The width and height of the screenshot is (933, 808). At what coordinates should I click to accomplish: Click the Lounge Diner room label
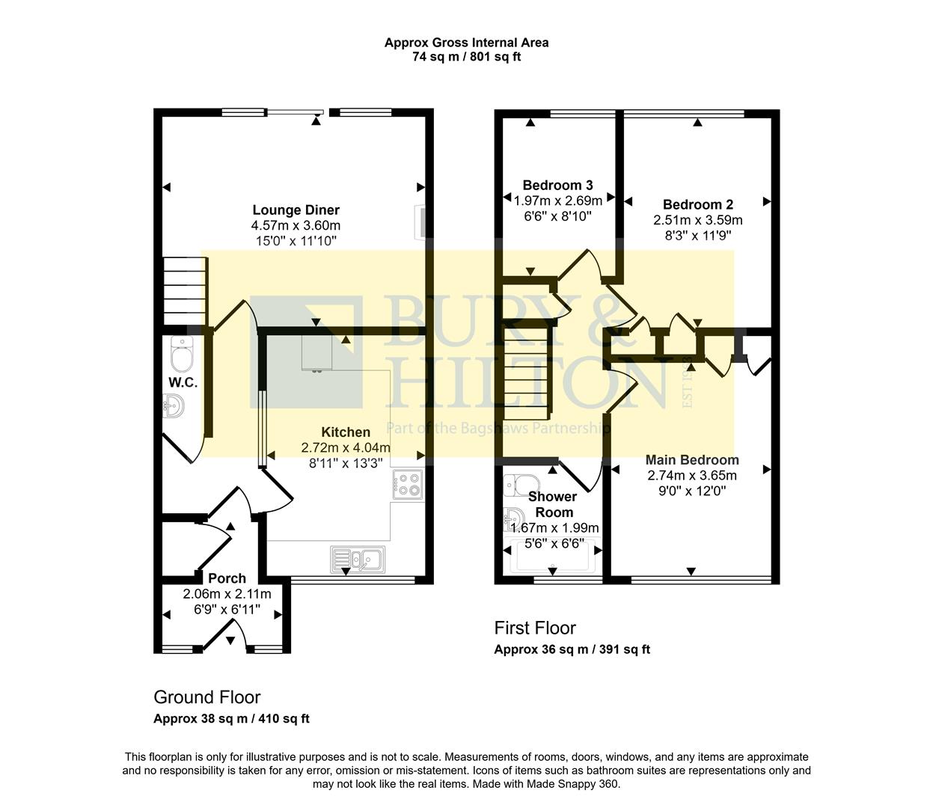click(296, 210)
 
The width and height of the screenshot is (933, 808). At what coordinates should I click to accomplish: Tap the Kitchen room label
click(346, 432)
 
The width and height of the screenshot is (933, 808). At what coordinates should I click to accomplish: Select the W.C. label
click(182, 382)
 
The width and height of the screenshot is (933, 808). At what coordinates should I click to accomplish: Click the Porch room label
click(227, 578)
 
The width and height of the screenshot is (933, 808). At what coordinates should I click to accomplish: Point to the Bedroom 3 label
click(557, 185)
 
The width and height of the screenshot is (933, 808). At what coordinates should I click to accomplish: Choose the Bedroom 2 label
click(697, 204)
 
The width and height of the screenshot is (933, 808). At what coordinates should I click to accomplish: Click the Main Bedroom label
click(691, 459)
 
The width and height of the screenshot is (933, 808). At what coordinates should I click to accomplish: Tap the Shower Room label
click(552, 504)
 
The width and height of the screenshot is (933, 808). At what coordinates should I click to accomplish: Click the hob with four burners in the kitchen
click(408, 484)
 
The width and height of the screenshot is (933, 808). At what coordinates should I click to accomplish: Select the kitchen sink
click(358, 558)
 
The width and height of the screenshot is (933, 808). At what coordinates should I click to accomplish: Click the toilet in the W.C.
click(182, 355)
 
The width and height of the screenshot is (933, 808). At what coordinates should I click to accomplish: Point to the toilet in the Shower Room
click(517, 485)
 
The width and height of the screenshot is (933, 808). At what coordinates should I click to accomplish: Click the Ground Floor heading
click(207, 697)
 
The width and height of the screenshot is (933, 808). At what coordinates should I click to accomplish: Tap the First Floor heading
click(534, 628)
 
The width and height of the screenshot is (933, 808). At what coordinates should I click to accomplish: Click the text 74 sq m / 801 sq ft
click(466, 57)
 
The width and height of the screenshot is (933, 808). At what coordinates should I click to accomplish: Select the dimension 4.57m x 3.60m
click(296, 225)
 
